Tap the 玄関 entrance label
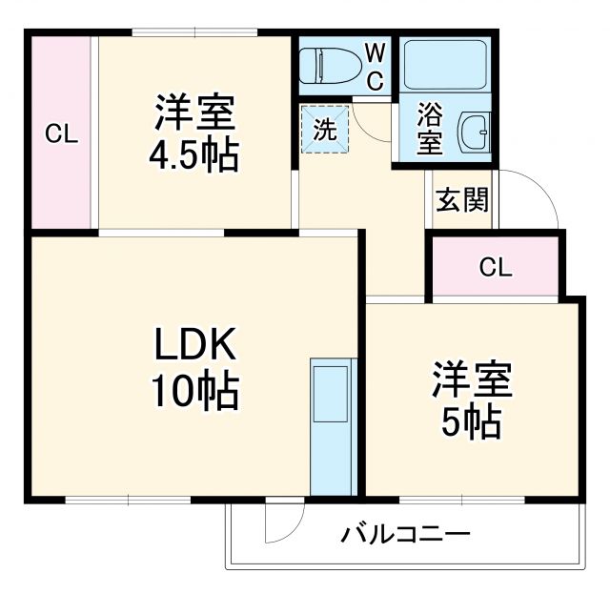(463, 200)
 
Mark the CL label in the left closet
(62, 134)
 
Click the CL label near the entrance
(495, 267)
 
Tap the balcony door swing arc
(283, 522)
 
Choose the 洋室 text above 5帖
(472, 380)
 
